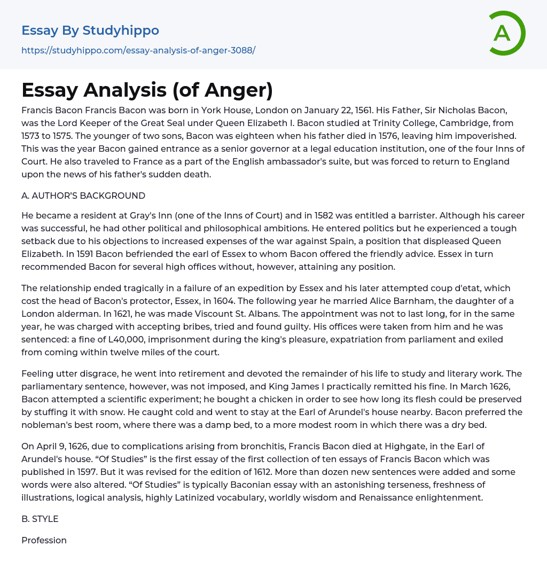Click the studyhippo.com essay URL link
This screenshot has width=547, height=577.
(138, 50)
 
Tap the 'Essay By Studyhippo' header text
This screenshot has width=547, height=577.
(90, 30)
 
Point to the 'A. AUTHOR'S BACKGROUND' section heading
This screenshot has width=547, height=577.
(83, 196)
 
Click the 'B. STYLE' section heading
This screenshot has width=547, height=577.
(40, 519)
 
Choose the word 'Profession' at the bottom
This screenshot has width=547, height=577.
(44, 540)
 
